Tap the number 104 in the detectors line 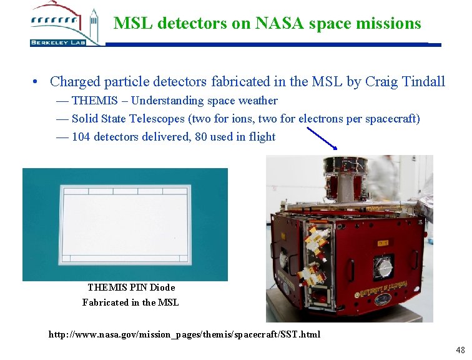81,137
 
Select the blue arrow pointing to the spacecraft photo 322,138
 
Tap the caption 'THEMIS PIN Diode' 131,287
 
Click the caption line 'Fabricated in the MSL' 130,302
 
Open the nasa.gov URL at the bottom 184,334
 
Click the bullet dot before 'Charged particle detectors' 37,82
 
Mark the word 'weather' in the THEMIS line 256,101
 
